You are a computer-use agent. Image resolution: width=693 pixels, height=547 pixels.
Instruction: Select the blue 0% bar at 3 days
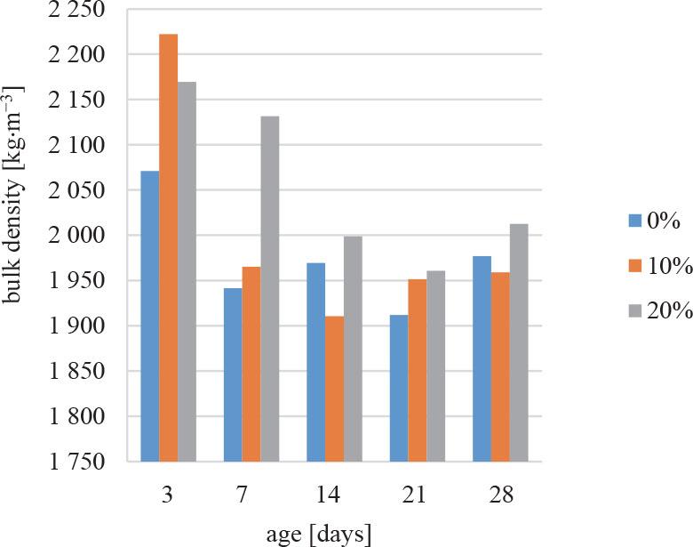pyautogui.click(x=149, y=316)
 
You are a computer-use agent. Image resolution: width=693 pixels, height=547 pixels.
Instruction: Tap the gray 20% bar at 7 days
pyautogui.click(x=270, y=288)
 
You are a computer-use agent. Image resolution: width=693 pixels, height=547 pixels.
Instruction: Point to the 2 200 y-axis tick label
pyautogui.click(x=77, y=54)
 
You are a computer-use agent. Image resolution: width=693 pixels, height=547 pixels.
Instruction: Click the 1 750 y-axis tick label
pyautogui.click(x=77, y=462)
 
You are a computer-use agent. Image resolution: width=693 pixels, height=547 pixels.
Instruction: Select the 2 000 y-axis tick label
pyautogui.click(x=77, y=236)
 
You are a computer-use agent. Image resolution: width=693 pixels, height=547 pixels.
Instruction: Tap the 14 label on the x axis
pyautogui.click(x=334, y=495)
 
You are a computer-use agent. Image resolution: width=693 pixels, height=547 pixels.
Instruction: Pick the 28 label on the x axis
pyautogui.click(x=500, y=495)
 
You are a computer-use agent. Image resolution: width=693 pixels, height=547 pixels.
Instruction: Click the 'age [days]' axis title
pyautogui.click(x=318, y=534)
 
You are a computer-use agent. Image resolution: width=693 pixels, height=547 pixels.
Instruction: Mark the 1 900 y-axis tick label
pyautogui.click(x=77, y=326)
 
